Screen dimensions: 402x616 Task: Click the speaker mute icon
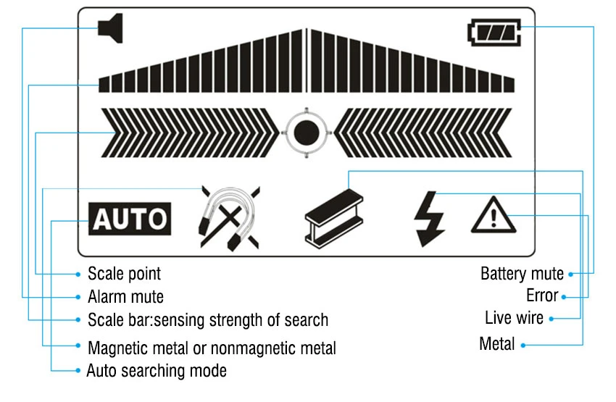pyautogui.click(x=111, y=29)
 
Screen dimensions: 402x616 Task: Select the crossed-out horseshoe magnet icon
pyautogui.click(x=229, y=217)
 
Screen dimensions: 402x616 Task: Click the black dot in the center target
pyautogui.click(x=307, y=133)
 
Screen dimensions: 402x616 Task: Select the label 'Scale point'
pyautogui.click(x=124, y=274)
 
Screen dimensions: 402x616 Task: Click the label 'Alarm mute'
pyautogui.click(x=125, y=297)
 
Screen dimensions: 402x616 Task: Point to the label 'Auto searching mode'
pyautogui.click(x=157, y=371)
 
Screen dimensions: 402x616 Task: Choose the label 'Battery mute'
pyautogui.click(x=522, y=274)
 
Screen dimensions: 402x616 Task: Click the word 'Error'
pyautogui.click(x=542, y=296)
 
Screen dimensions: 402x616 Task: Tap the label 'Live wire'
pyautogui.click(x=514, y=318)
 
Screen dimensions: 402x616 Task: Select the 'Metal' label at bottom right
pyautogui.click(x=497, y=343)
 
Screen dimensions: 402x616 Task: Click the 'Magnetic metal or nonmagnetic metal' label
pyautogui.click(x=212, y=348)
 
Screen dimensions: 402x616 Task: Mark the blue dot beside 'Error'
pyautogui.click(x=564, y=296)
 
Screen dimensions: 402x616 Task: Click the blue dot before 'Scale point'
pyautogui.click(x=78, y=274)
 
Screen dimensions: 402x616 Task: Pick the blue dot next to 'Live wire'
pyautogui.click(x=551, y=319)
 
